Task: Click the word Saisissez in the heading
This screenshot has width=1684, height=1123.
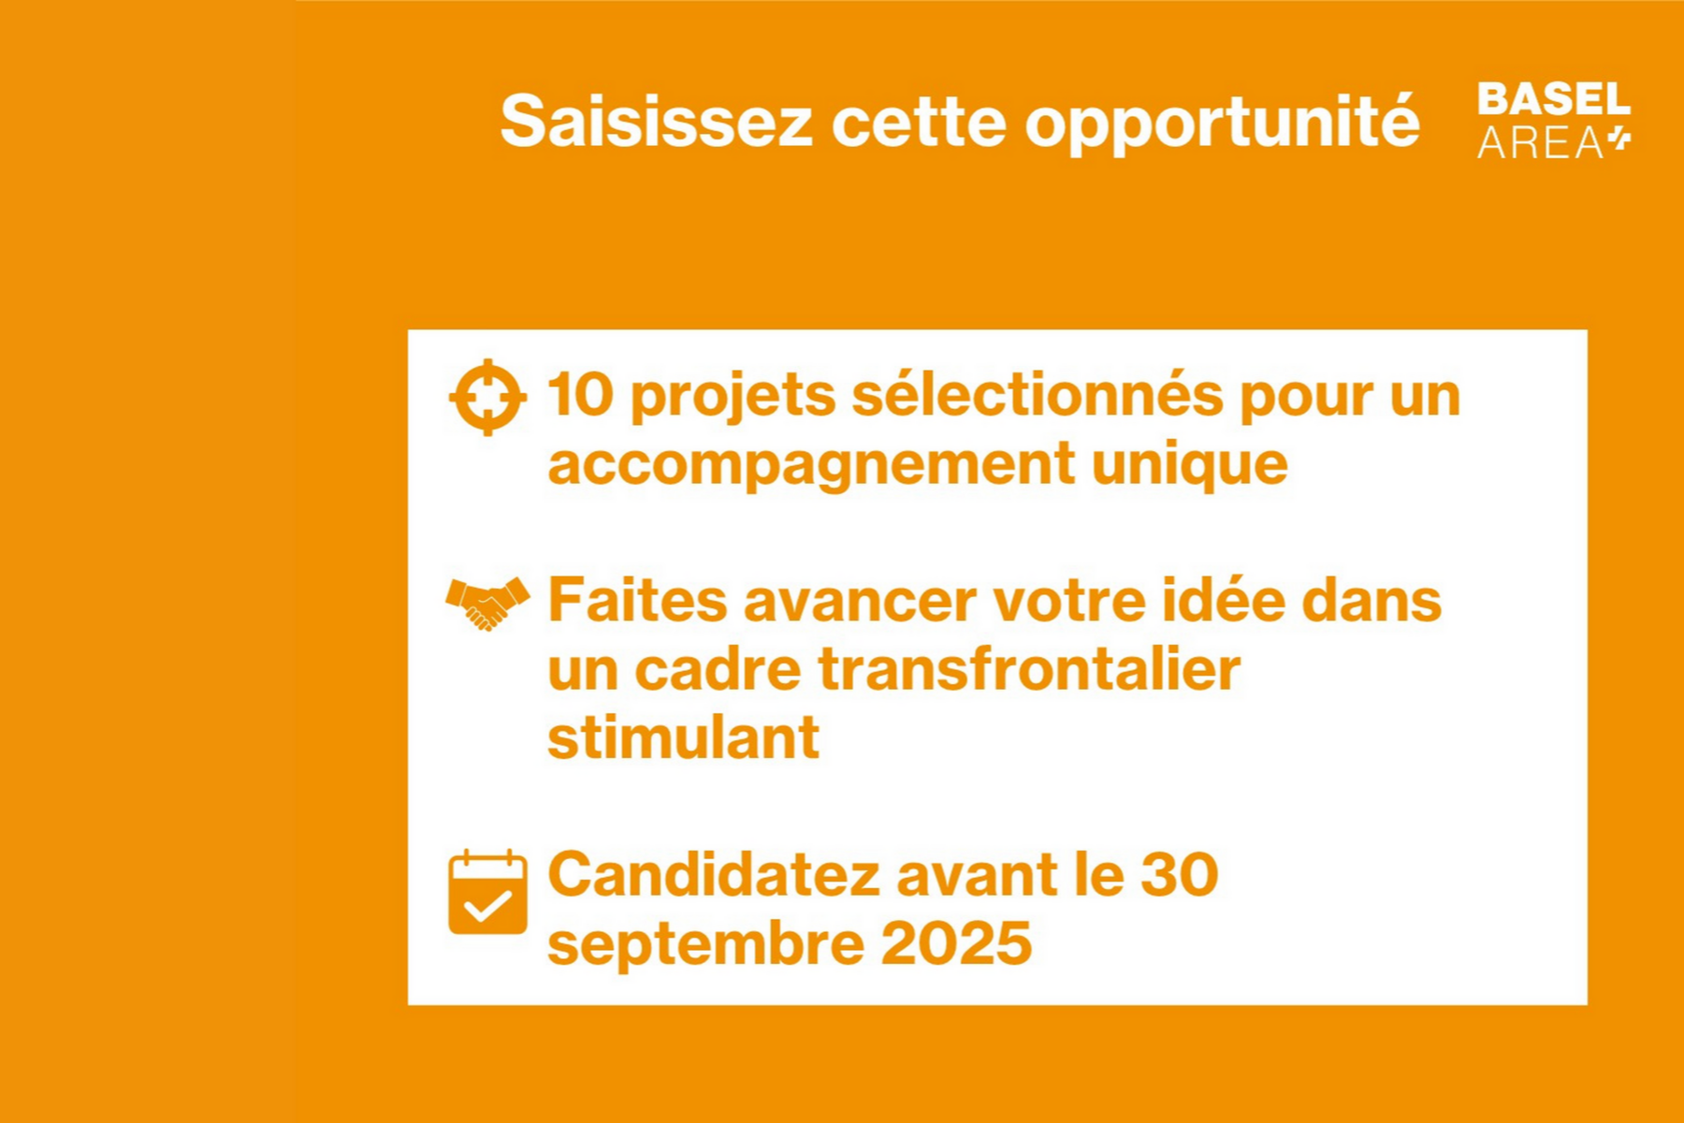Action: click(656, 122)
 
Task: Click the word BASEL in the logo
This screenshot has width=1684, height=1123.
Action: click(1553, 99)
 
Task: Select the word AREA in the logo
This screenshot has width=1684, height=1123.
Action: click(1540, 143)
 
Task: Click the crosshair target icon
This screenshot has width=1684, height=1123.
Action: click(487, 397)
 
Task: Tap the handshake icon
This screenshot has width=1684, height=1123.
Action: click(487, 603)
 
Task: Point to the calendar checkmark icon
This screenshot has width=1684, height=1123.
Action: click(487, 893)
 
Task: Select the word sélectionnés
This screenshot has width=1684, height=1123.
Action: click(1037, 395)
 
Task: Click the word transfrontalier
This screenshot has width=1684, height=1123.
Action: click(1029, 669)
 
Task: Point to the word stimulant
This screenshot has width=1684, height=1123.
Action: click(683, 737)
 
